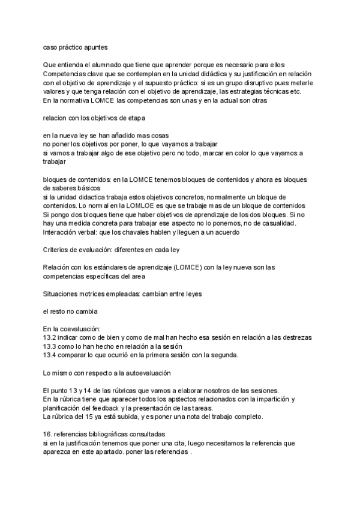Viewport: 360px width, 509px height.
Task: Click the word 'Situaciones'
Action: [64, 294]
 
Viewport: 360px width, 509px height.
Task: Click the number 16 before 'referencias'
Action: [47, 433]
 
